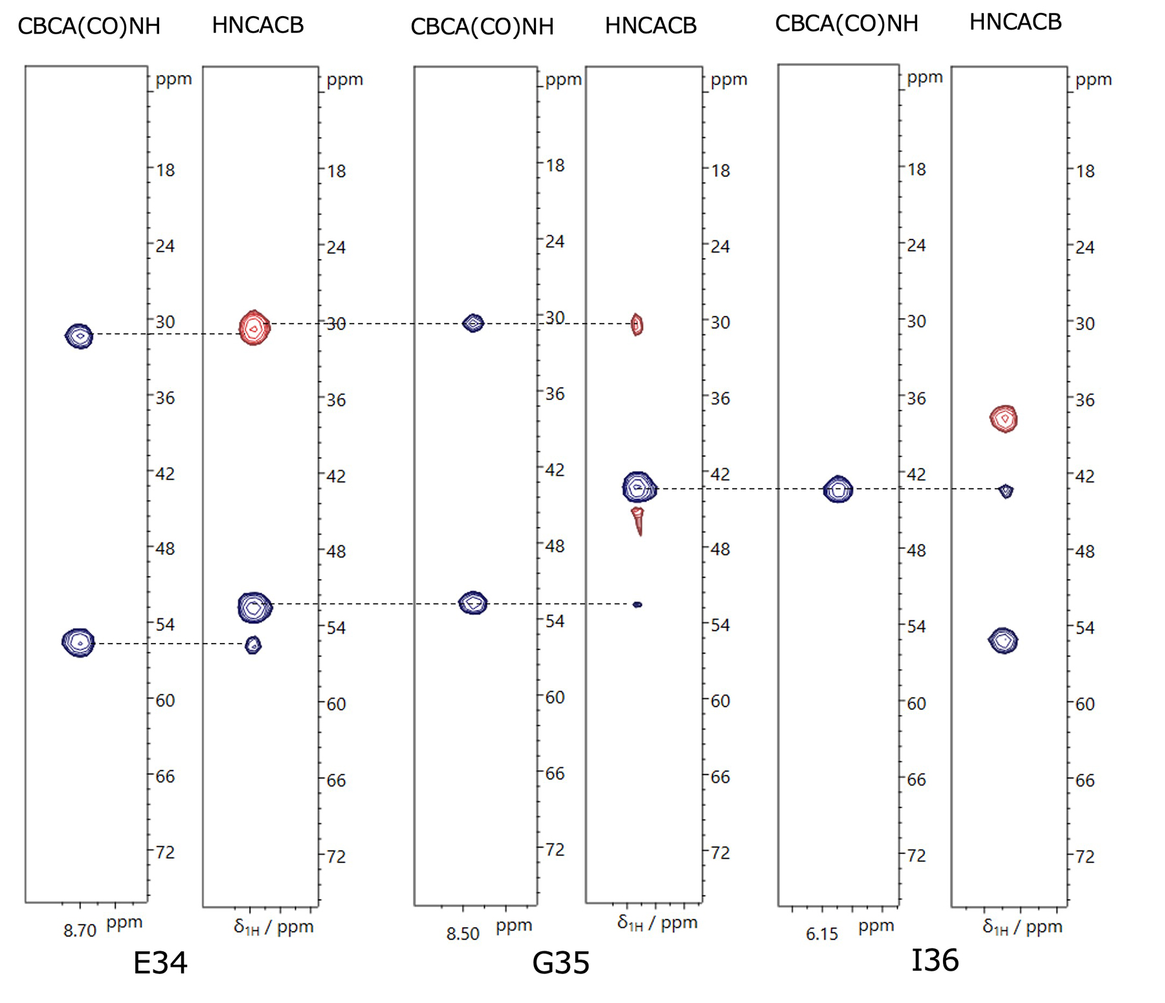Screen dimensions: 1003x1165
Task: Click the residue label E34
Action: [x=160, y=963]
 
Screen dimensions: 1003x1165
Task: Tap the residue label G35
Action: [x=560, y=963]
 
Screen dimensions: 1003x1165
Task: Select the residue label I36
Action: [x=935, y=960]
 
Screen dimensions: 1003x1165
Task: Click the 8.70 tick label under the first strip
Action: [x=80, y=931]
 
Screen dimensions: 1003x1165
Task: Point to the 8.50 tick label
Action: [x=463, y=934]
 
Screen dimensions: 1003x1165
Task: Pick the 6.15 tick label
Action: [x=822, y=934]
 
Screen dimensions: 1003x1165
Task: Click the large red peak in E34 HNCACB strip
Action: [x=254, y=328]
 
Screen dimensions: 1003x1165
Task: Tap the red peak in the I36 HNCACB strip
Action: [x=1004, y=418]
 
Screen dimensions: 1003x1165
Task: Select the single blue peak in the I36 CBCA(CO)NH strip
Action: [x=838, y=489]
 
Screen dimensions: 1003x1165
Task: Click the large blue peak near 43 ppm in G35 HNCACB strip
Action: [x=639, y=487]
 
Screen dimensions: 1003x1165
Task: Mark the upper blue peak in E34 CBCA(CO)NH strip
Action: [x=79, y=335]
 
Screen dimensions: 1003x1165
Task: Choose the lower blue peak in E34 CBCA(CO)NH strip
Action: [x=78, y=642]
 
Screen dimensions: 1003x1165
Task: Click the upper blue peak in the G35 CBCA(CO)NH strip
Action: [x=474, y=322]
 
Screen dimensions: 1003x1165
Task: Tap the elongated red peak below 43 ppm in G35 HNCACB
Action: [x=638, y=521]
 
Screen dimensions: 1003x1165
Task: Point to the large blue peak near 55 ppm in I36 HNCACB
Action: [x=1003, y=640]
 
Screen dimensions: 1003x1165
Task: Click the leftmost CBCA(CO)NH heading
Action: [x=89, y=26]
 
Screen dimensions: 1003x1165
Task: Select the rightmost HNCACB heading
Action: [x=1015, y=22]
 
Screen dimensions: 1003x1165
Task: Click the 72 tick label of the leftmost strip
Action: [x=165, y=852]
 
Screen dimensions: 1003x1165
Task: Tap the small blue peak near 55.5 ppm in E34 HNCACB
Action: [x=253, y=644]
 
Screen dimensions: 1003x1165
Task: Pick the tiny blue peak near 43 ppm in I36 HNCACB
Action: [x=1006, y=491]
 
